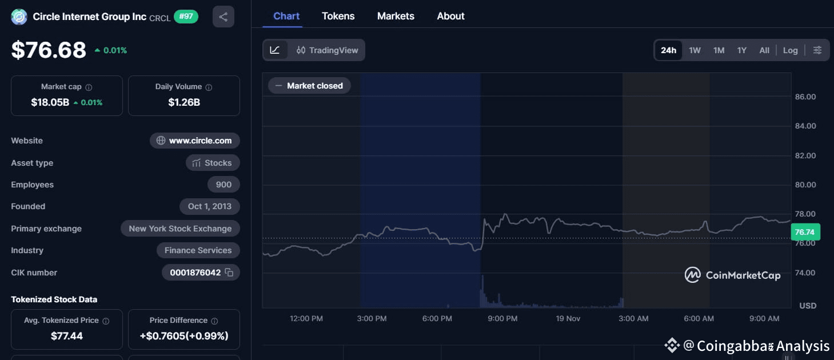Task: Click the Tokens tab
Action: pos(338,16)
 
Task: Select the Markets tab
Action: pos(396,16)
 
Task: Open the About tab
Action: pos(450,16)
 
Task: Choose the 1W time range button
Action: pos(695,50)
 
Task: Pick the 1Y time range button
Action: pos(741,50)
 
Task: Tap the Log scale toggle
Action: pos(790,50)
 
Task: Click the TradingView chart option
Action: pos(327,50)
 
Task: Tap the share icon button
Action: pos(223,17)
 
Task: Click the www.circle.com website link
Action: pos(195,141)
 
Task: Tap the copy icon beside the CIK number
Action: pos(229,273)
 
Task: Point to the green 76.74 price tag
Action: pos(804,232)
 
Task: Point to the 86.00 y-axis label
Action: pos(805,97)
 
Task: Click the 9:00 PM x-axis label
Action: pos(502,318)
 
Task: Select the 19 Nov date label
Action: pos(568,318)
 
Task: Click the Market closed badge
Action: pos(309,86)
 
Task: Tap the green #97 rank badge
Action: pos(186,17)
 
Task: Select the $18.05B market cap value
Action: pos(50,102)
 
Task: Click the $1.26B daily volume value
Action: pos(184,102)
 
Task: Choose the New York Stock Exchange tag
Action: pos(180,229)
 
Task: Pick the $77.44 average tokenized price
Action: pos(67,335)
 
